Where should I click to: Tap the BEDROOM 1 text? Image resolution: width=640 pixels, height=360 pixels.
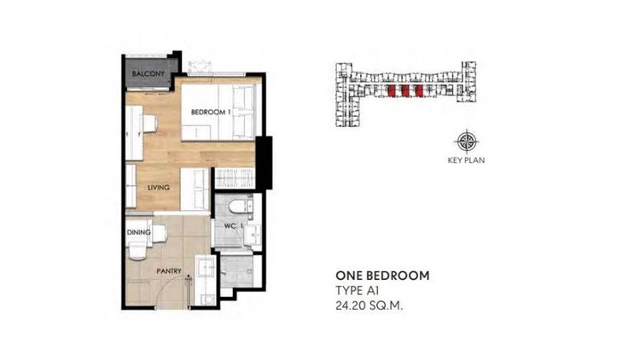pyautogui.click(x=207, y=113)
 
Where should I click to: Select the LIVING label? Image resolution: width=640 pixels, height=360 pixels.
pyautogui.click(x=159, y=188)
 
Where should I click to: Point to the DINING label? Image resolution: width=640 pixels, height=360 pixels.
pyautogui.click(x=138, y=231)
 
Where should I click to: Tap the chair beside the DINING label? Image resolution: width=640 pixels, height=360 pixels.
pyautogui.click(x=137, y=250)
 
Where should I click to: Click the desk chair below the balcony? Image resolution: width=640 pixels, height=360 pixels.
pyautogui.click(x=149, y=125)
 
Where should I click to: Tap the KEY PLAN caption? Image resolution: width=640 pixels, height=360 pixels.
pyautogui.click(x=466, y=160)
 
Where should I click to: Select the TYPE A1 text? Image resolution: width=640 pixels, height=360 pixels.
pyautogui.click(x=352, y=292)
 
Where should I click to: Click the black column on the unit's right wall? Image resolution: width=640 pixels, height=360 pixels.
pyautogui.click(x=265, y=162)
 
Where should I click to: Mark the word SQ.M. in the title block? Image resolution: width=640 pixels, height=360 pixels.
pyautogui.click(x=385, y=306)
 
